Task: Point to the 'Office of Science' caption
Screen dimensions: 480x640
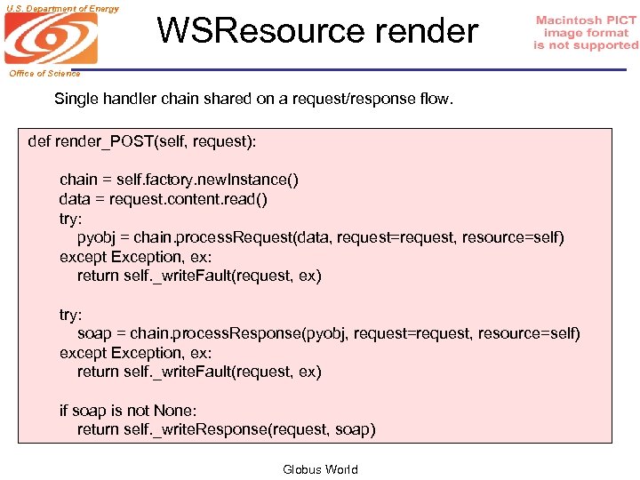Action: [44, 73]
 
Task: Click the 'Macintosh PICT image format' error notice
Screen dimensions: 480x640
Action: [586, 33]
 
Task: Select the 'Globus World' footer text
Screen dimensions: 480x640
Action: [320, 469]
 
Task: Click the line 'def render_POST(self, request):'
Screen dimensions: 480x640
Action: [142, 141]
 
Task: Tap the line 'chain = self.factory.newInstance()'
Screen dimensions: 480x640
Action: [179, 180]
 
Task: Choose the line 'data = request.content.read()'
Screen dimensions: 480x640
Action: [164, 199]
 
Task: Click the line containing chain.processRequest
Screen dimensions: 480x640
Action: [320, 237]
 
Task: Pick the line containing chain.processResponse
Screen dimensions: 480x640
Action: [328, 333]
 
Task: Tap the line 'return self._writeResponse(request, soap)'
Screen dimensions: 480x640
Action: [226, 430]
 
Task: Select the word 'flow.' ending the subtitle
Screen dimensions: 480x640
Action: [435, 99]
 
